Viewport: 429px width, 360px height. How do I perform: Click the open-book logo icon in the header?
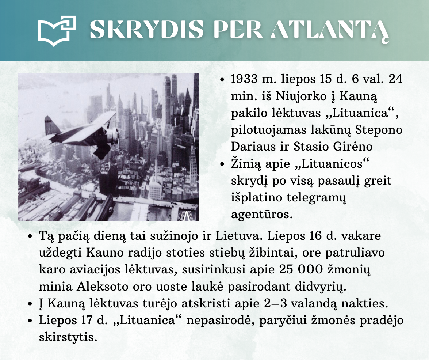[57, 30]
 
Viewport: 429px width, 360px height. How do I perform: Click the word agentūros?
[262, 214]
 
